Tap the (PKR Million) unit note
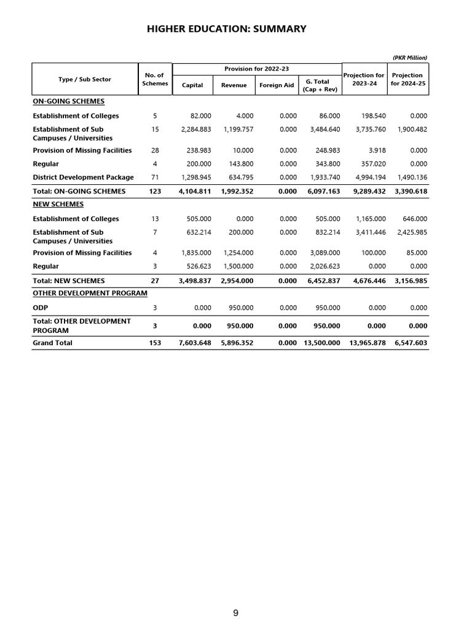click(x=409, y=58)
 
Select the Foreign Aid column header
click(x=277, y=85)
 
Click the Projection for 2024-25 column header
click(x=408, y=79)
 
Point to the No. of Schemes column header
click(x=154, y=79)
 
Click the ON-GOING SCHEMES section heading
click(x=68, y=101)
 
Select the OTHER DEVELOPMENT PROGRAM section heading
click(x=90, y=293)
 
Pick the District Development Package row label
click(x=83, y=178)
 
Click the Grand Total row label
click(x=52, y=343)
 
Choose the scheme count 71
click(x=155, y=178)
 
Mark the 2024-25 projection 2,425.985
click(x=412, y=233)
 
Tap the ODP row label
click(x=41, y=308)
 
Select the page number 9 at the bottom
click(x=236, y=613)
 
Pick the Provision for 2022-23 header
click(x=257, y=69)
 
